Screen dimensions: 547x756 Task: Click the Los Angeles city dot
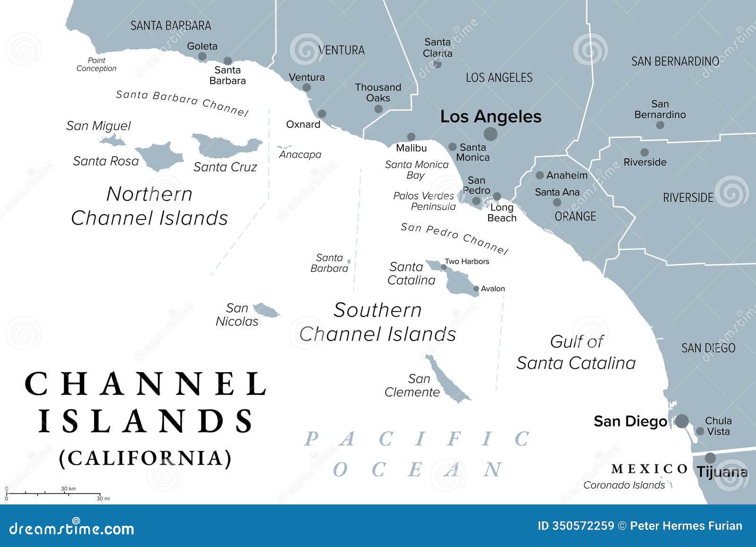tap(490, 134)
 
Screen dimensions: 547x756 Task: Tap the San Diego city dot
tap(681, 421)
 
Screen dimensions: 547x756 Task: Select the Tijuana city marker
tap(710, 458)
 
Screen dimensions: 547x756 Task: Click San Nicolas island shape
tap(266, 311)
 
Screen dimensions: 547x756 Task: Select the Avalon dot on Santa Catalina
tap(476, 289)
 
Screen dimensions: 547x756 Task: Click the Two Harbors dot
tap(444, 267)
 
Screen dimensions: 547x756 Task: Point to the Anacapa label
tap(300, 155)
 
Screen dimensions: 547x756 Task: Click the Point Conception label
tap(96, 64)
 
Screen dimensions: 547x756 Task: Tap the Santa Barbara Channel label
tap(182, 103)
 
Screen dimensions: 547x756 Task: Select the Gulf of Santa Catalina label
tap(576, 352)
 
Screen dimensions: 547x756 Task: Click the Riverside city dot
tap(644, 152)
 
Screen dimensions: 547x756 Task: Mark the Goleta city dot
tap(202, 57)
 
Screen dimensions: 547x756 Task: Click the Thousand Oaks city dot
tap(378, 109)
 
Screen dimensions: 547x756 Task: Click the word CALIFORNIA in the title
tap(146, 458)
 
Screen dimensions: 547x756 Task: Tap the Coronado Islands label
tap(624, 485)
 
